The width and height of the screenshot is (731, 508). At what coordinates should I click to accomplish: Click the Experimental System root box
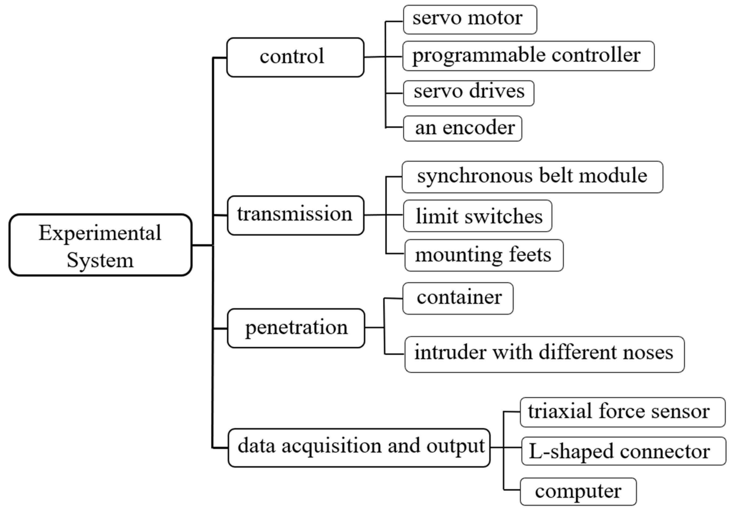point(100,245)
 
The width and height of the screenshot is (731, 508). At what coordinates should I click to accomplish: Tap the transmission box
point(295,216)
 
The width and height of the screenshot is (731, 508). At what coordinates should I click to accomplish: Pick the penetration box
point(296,328)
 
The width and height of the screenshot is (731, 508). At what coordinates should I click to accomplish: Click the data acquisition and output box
point(359,448)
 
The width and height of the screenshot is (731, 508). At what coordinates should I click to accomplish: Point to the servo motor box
point(470,19)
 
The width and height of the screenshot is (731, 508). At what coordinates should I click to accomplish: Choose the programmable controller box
point(528,56)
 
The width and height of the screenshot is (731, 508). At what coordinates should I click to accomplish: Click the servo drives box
point(468,93)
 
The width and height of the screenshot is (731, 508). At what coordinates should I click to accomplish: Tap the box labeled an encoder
point(463,128)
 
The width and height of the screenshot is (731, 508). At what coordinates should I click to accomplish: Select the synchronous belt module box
point(532,177)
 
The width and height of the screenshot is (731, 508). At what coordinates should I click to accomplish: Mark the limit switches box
point(477,216)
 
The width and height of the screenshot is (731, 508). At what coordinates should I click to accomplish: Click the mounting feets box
point(484,255)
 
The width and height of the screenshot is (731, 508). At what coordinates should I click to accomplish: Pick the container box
point(458,298)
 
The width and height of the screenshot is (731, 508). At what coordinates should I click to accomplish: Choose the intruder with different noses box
point(544,354)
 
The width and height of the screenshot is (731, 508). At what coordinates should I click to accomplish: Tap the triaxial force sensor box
point(622,412)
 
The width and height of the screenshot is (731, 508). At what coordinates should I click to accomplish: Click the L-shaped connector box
point(623,451)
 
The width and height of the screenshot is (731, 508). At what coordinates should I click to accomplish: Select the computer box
point(578,491)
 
